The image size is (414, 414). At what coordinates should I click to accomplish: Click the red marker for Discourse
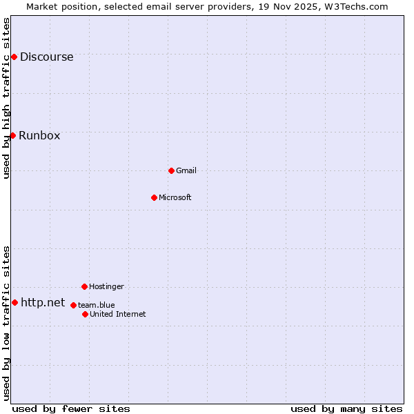coord(14,57)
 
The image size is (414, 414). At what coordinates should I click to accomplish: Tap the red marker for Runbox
coord(12,135)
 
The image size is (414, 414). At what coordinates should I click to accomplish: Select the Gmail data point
coord(171,170)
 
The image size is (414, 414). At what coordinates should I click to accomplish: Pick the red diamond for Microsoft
coord(154,197)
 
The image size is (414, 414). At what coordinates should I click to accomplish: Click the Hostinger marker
coord(84,286)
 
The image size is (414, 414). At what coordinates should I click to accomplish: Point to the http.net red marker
coord(14,302)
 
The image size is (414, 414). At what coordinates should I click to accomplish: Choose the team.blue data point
coord(73,305)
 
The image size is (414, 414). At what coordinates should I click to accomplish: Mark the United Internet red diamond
coord(85,314)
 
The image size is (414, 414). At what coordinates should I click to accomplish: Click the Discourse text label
coord(46,57)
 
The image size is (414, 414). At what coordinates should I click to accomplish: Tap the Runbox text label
coord(39,135)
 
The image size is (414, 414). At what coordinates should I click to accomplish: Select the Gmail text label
coord(186,170)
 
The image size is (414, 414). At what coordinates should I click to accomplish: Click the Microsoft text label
coord(175,197)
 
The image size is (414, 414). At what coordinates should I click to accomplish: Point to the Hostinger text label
coord(106,286)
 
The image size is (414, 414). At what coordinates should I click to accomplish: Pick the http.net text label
coord(43,302)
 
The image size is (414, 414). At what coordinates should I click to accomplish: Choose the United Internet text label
coord(118,314)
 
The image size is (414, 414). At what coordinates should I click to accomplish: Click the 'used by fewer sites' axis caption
coord(71,408)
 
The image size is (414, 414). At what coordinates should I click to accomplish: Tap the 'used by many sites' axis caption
coord(346,408)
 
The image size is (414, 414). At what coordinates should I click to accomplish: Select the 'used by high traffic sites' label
coord(6,98)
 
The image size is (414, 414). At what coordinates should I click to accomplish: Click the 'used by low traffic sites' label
coord(6,323)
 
